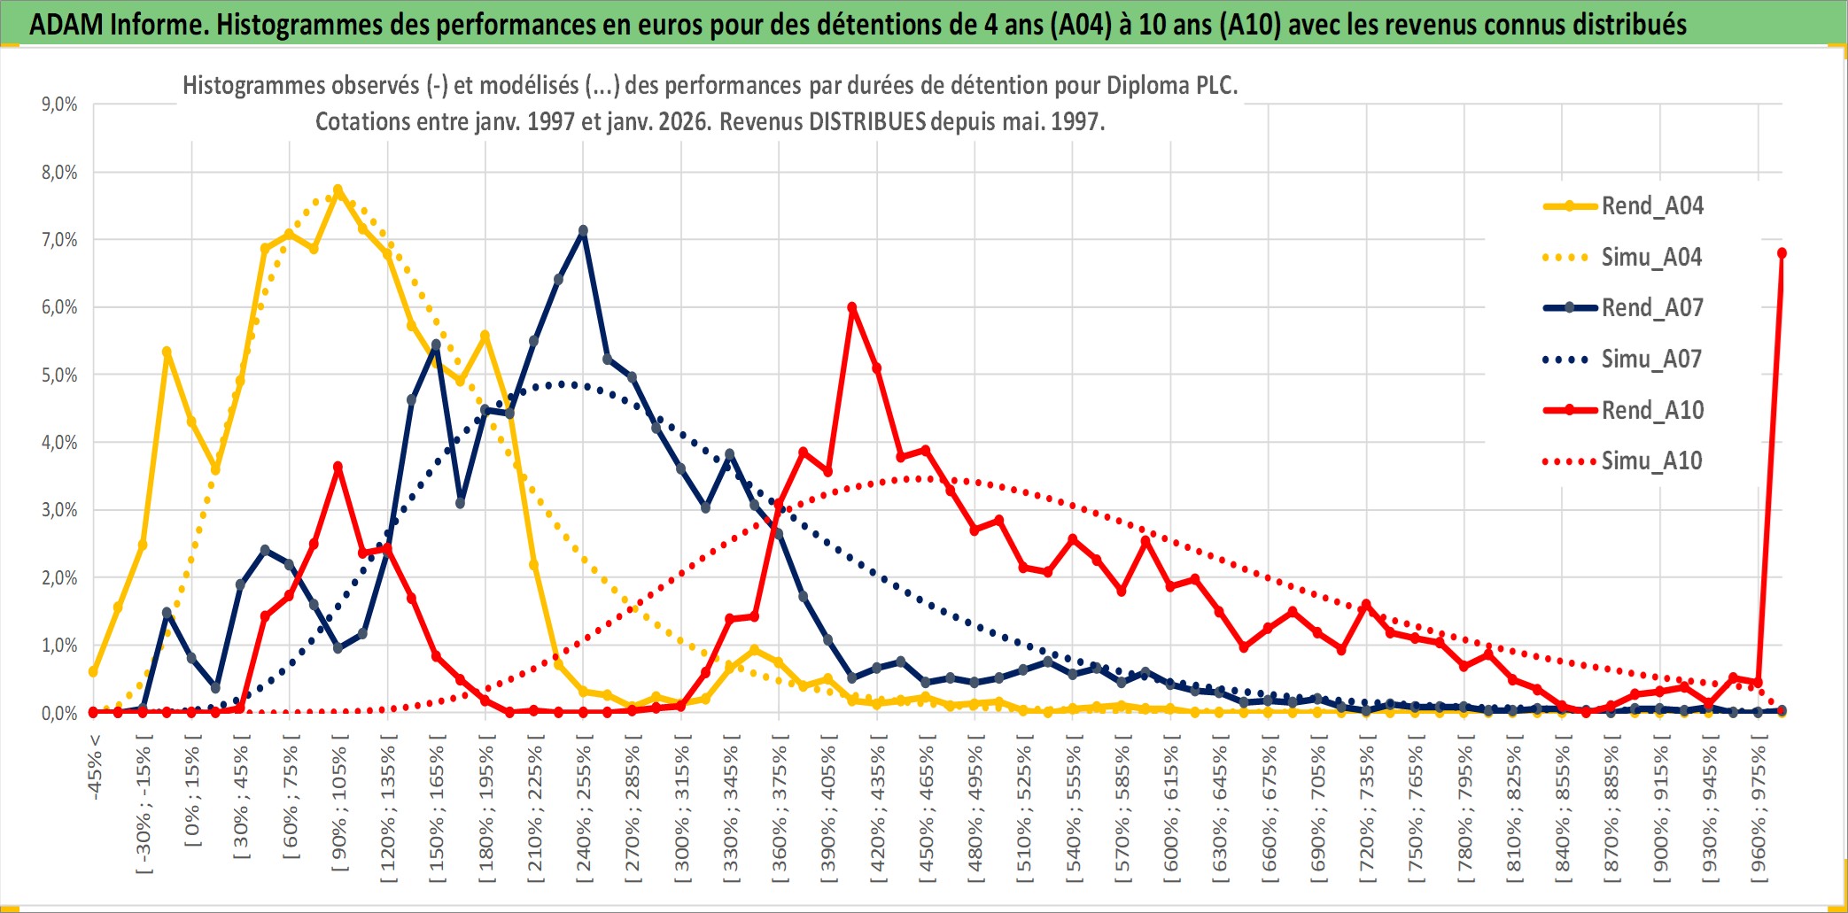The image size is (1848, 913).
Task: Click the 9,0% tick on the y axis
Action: [59, 104]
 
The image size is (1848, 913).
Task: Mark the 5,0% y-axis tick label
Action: [59, 375]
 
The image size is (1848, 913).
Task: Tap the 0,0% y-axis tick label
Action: [59, 714]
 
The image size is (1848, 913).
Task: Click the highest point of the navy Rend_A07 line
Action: [583, 231]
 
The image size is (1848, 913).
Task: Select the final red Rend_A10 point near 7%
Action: [1782, 253]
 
